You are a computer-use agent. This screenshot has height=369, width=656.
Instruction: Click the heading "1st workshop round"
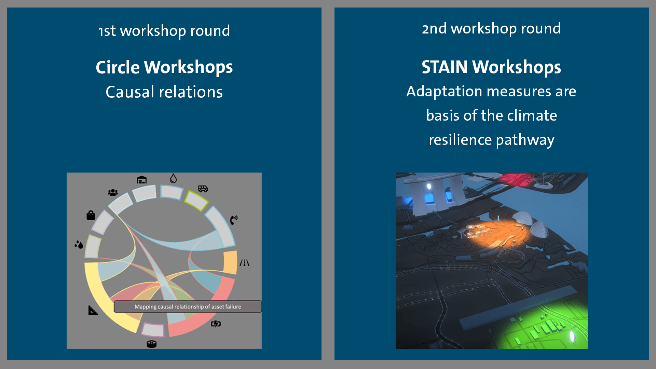click(x=164, y=31)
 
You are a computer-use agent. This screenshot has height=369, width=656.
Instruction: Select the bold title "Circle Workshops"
click(x=164, y=67)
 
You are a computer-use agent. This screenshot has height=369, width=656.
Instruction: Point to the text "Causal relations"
click(x=164, y=92)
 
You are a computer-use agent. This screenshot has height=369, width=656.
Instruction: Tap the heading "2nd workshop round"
click(x=491, y=28)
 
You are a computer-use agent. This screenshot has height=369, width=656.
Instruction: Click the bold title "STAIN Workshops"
click(x=491, y=67)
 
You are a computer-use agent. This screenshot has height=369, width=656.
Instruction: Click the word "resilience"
click(x=460, y=140)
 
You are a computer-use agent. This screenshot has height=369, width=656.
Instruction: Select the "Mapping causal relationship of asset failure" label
click(x=188, y=306)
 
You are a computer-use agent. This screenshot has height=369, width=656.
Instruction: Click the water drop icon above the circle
click(x=173, y=178)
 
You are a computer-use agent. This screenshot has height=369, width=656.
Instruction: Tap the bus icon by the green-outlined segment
click(x=203, y=189)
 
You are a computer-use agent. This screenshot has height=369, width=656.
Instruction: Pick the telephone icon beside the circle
click(x=234, y=220)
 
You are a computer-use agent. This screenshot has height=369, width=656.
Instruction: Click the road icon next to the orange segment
click(x=244, y=263)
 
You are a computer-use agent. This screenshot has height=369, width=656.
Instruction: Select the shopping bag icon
click(x=91, y=215)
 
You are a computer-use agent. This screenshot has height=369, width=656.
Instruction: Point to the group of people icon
click(x=113, y=193)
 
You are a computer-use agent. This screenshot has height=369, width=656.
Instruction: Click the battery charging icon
click(x=216, y=324)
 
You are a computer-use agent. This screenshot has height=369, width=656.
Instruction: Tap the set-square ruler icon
click(x=93, y=310)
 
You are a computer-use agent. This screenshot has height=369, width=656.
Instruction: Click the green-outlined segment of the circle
click(x=196, y=201)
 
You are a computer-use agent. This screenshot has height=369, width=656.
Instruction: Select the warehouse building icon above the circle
click(x=141, y=180)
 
